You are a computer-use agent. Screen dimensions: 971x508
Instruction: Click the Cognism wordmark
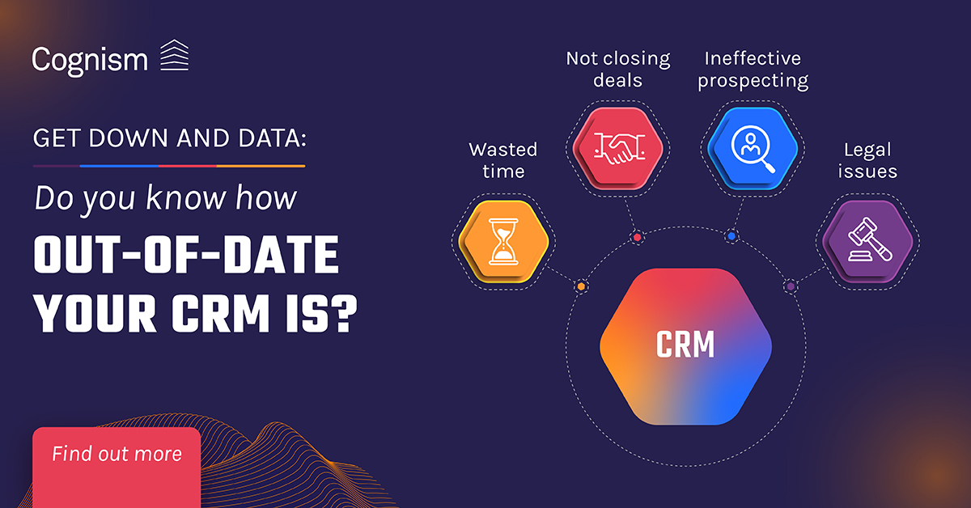click(90, 60)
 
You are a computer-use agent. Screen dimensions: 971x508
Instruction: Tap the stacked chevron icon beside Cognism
click(174, 55)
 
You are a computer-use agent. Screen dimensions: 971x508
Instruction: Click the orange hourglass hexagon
click(503, 241)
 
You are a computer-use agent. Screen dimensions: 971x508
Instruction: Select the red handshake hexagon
click(618, 148)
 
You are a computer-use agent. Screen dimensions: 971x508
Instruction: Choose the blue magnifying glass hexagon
click(753, 148)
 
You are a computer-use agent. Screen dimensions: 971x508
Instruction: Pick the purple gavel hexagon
click(867, 241)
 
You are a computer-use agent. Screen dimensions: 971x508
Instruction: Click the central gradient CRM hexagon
click(686, 346)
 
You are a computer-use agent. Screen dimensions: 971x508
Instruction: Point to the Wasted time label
click(503, 160)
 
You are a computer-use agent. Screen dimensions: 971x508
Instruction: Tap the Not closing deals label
click(618, 70)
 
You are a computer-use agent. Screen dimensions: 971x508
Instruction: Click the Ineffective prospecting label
click(753, 70)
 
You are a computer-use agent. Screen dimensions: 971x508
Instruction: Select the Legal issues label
click(867, 160)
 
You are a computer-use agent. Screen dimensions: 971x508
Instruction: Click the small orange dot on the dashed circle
click(581, 286)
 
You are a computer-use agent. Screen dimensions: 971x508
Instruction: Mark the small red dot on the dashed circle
click(638, 238)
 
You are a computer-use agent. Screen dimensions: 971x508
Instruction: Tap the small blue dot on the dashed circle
click(732, 236)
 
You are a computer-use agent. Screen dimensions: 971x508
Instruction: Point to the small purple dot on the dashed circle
click(791, 286)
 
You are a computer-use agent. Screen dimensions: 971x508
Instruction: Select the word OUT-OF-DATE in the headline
click(186, 255)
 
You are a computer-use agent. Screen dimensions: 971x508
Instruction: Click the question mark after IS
click(347, 313)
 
